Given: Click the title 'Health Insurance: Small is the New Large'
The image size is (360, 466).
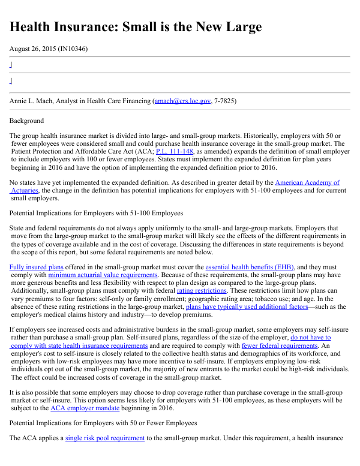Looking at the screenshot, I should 136,27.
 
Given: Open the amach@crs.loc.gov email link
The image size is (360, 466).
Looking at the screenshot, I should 182,101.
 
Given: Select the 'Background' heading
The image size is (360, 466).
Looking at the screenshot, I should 26,121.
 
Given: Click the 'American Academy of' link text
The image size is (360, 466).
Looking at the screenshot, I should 307,182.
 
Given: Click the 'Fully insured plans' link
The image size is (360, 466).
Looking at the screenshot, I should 36,267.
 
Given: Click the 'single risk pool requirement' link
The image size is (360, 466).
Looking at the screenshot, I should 105,438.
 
